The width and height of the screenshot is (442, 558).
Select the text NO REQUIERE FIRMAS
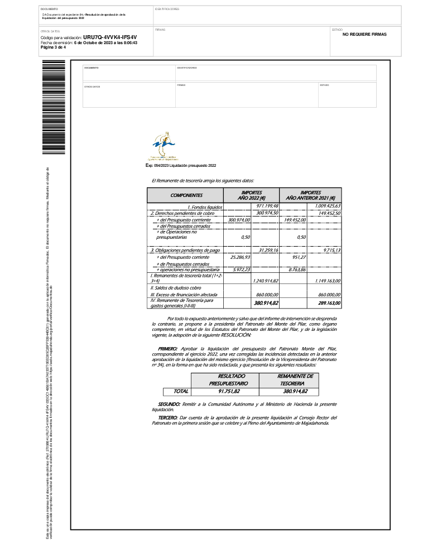coord(364,35)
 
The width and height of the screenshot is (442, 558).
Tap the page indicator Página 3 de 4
coord(53,47)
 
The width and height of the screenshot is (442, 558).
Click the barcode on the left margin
coord(54,106)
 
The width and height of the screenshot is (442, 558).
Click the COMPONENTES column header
coord(186,196)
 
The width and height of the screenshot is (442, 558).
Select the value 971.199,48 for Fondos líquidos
coord(267,206)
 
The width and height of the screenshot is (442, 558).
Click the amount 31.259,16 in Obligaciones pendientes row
coord(267,251)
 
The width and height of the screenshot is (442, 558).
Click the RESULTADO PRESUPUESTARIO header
coord(224,380)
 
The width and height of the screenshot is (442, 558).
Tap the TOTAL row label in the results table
coord(181,392)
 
